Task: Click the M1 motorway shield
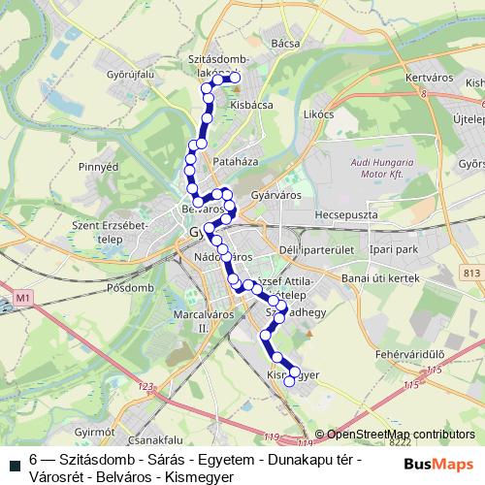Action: (x=24, y=297)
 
